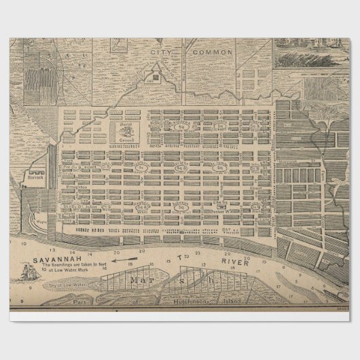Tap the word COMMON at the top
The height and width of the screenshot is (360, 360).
213,52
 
